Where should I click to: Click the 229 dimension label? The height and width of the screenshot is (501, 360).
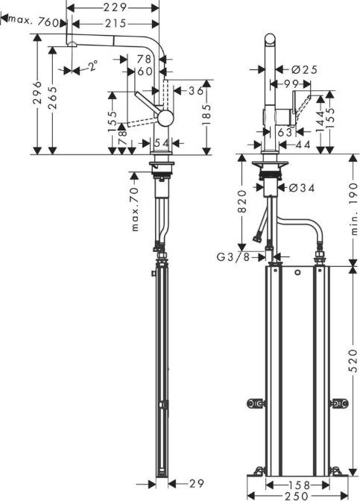click(115, 7)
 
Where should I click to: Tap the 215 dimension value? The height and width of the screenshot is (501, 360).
click(115, 23)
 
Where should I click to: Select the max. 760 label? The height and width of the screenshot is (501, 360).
click(34, 21)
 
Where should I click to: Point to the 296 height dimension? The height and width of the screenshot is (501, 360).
click(38, 92)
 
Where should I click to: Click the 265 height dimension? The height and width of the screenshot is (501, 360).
click(52, 98)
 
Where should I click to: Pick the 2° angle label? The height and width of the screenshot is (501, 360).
click(92, 66)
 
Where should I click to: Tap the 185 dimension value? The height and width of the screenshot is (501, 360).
click(207, 114)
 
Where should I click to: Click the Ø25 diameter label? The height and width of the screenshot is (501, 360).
click(304, 69)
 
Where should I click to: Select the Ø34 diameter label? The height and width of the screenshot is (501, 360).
click(302, 188)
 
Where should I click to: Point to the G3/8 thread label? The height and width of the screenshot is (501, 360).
click(233, 256)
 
